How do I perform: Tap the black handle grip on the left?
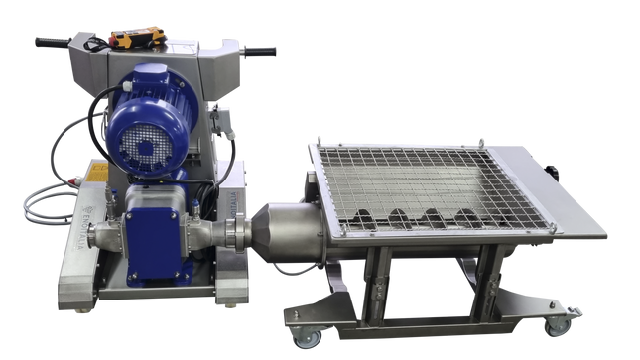click(49, 43)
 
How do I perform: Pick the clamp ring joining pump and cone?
click(233, 237)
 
